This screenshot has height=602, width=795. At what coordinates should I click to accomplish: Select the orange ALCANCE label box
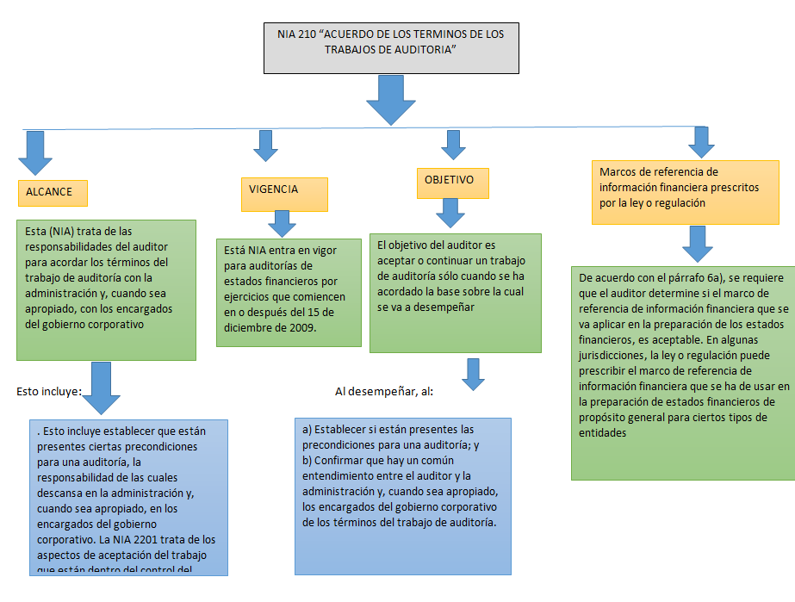53,193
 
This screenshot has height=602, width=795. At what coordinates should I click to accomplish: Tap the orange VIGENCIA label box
283,194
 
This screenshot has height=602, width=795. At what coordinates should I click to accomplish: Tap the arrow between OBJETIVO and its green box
450,213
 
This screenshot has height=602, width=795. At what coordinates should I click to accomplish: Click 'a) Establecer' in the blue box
338,429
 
